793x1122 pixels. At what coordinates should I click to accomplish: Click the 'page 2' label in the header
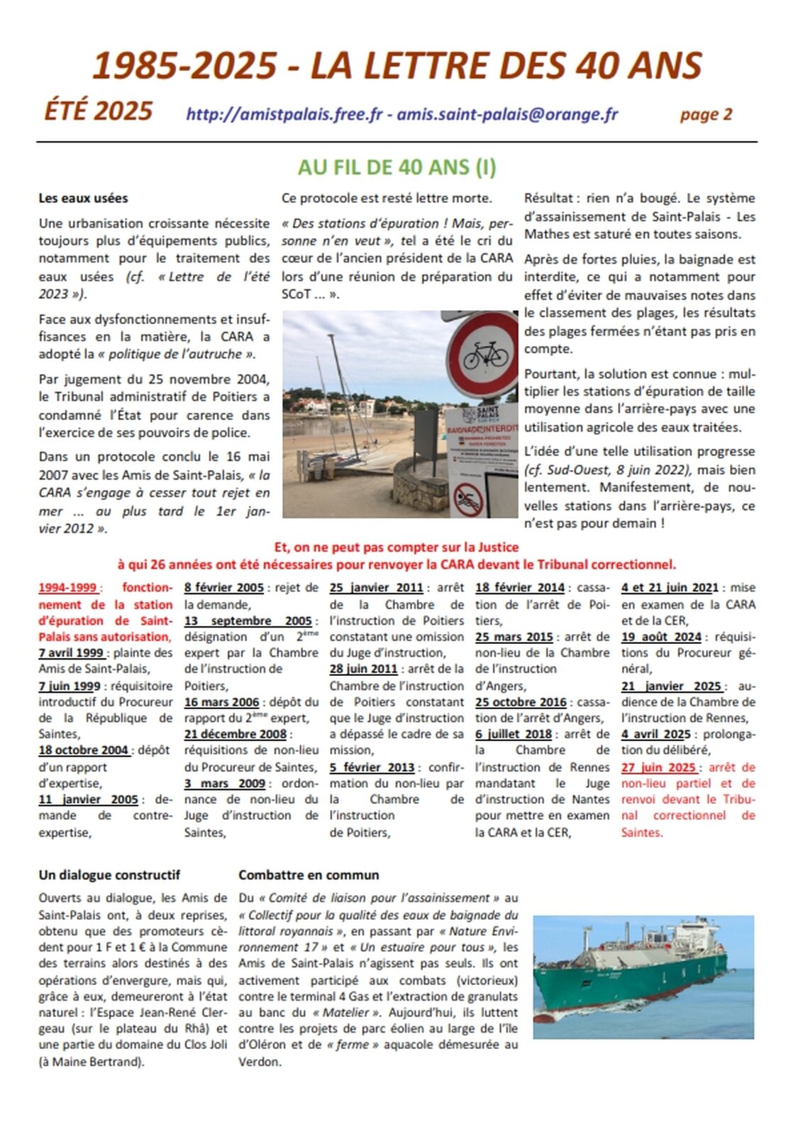click(x=706, y=114)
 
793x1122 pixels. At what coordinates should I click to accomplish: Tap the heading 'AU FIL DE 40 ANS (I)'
click(x=396, y=167)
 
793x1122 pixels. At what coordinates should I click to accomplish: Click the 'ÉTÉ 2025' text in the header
click(x=99, y=111)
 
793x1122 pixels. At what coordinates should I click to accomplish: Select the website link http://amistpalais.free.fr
click(x=284, y=114)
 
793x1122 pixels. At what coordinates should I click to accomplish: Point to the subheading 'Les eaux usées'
click(x=83, y=198)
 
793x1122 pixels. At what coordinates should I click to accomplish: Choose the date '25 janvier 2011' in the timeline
click(x=376, y=587)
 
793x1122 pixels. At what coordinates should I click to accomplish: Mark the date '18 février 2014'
click(x=520, y=587)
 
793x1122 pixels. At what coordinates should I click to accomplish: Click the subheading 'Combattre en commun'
click(x=309, y=874)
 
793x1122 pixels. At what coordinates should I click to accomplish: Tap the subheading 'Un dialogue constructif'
click(x=109, y=874)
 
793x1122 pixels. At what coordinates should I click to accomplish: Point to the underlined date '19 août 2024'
click(x=661, y=636)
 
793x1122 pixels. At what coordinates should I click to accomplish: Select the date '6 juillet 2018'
click(x=514, y=734)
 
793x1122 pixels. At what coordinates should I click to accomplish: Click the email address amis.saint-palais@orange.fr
click(x=507, y=114)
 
